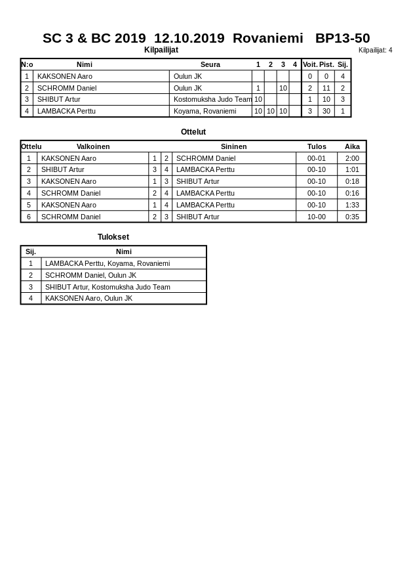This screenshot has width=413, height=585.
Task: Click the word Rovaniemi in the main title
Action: pos(267,38)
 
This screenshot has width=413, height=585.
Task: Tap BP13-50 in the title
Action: pos(342,38)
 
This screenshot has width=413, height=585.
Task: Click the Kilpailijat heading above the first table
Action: pos(161,50)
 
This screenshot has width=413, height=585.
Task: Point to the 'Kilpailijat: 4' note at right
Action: pos(375,50)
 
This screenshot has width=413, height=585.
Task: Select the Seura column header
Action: pos(210,64)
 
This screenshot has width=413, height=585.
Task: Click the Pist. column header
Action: pos(326,64)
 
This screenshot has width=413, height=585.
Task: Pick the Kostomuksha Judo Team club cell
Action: pos(212,99)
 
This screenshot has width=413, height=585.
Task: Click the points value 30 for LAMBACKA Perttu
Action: pos(326,111)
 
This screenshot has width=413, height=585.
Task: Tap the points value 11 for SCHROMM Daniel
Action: pos(326,88)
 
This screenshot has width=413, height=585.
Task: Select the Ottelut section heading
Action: pos(193,132)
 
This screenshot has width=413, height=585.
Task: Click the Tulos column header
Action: pos(317,146)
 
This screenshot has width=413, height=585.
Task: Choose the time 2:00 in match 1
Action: pos(352,158)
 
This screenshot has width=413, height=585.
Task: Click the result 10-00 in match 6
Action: pos(317,217)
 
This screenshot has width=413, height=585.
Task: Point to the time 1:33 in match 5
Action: pos(352,205)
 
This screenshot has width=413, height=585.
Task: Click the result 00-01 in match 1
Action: pos(317,158)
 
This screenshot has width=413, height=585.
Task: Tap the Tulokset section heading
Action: pos(113,237)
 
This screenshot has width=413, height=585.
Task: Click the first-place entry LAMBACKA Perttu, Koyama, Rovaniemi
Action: pos(108,263)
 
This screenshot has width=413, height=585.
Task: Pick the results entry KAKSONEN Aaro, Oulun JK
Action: pos(88,298)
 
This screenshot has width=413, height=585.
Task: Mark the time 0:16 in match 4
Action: pos(352,193)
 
